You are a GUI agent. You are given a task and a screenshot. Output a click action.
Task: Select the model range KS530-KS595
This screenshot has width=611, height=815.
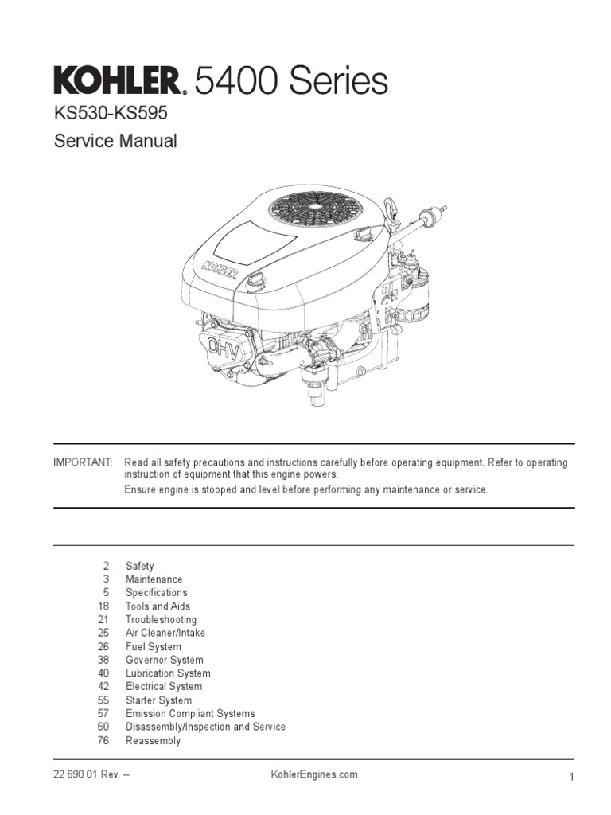(111, 114)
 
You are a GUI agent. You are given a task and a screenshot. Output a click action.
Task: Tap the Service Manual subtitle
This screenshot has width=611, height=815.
(115, 142)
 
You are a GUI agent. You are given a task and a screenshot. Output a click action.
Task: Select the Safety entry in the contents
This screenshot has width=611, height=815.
(139, 567)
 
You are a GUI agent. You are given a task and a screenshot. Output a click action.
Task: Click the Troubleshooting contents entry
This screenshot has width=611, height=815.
(161, 620)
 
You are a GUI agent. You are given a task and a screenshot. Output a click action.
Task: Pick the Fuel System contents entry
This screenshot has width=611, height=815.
(153, 647)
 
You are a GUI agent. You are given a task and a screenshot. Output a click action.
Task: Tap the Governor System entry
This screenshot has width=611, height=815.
(164, 660)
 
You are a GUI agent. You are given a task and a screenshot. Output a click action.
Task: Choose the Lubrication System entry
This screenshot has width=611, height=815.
(167, 673)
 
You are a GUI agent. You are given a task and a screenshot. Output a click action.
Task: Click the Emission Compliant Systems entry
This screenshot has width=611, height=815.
(190, 714)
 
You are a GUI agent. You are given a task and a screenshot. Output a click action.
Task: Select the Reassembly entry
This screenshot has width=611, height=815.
(153, 741)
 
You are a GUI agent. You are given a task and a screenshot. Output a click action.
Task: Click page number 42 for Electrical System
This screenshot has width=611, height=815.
(102, 687)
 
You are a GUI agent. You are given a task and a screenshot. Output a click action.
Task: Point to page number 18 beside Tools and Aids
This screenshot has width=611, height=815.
(102, 606)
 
